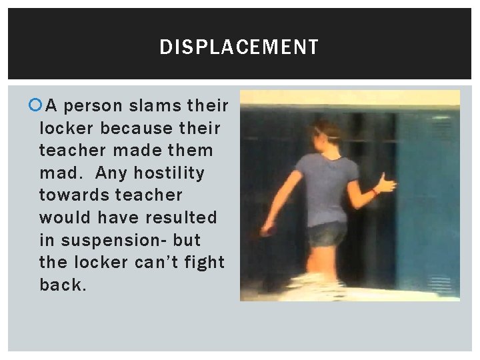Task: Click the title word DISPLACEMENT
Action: pyautogui.click(x=239, y=47)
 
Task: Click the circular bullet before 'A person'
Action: pyautogui.click(x=36, y=105)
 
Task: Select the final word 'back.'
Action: pyautogui.click(x=63, y=285)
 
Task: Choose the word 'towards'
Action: pyautogui.click(x=75, y=195)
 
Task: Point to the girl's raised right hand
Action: pyautogui.click(x=386, y=183)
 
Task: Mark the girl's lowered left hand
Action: pyautogui.click(x=267, y=230)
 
